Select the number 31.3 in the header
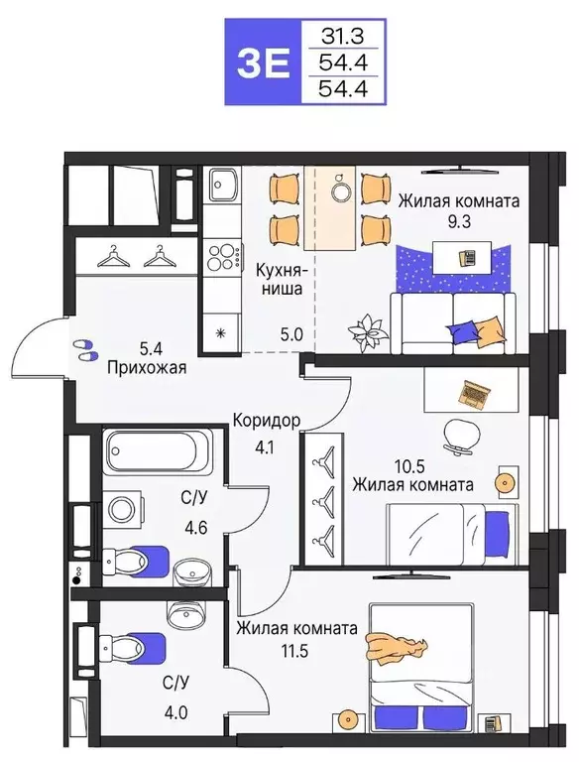(340, 38)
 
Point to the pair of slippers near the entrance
(85, 348)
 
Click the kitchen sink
(221, 185)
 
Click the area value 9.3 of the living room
(457, 221)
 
